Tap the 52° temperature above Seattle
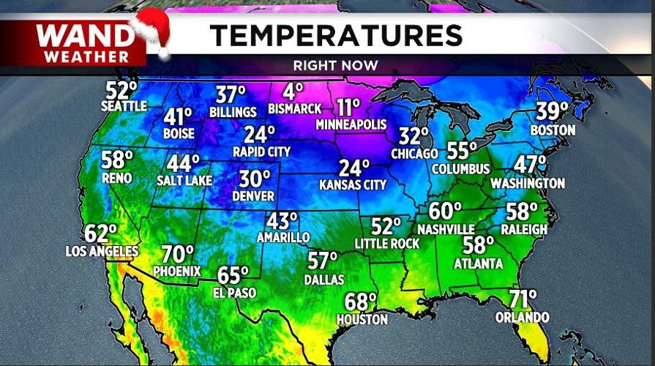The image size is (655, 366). [x=121, y=91]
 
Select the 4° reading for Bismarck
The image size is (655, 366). [x=293, y=92]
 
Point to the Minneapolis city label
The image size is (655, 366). [x=351, y=124]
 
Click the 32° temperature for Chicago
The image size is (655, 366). [x=414, y=137]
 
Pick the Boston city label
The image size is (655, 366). [x=553, y=130]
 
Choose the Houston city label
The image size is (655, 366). [x=362, y=319]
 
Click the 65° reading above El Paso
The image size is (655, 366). [x=233, y=276]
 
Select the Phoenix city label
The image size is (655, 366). [x=177, y=271]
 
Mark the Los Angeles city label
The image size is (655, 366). [x=102, y=251]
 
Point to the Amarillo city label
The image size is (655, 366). [x=282, y=237]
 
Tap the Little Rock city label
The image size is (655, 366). [x=387, y=243]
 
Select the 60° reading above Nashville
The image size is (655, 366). [x=445, y=212]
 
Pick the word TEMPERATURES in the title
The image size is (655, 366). [x=337, y=34]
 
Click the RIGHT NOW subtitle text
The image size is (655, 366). [x=336, y=65]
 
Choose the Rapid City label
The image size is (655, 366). [x=261, y=152]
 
